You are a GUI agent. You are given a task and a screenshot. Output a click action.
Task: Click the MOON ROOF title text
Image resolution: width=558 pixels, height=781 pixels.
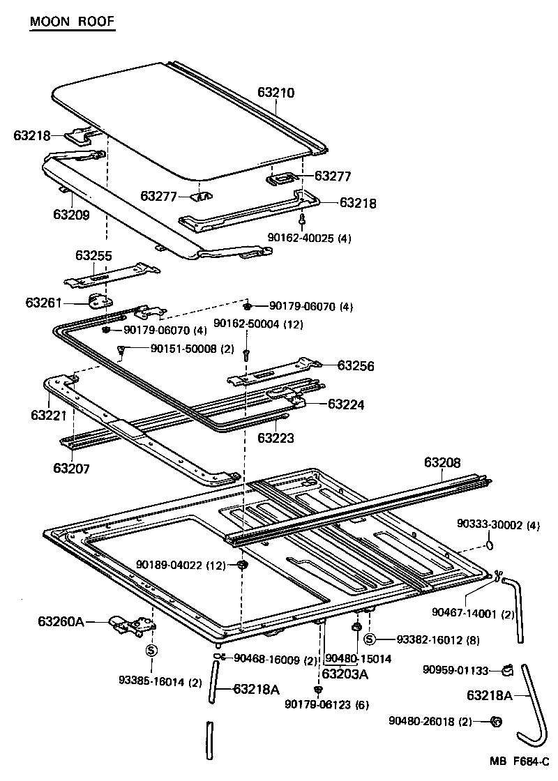(71, 22)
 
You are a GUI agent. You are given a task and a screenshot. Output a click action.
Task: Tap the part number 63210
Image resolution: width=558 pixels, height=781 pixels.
(276, 92)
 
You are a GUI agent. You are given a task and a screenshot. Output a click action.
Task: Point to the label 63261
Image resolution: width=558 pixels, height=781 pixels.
(45, 303)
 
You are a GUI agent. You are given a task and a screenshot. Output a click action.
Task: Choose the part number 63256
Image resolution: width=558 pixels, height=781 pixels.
(356, 365)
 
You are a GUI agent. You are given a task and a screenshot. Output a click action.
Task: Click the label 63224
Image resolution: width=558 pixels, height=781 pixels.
(346, 404)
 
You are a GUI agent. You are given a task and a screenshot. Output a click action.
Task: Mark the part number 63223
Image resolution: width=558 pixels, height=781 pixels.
(276, 439)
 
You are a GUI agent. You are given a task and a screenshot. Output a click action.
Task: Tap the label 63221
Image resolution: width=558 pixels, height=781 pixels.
(49, 415)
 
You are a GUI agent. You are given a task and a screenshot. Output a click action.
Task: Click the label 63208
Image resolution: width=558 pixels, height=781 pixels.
(443, 462)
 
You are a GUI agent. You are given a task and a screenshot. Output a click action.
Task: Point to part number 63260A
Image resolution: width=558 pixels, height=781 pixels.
(60, 621)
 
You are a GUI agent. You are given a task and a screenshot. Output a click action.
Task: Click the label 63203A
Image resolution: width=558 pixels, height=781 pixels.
(345, 674)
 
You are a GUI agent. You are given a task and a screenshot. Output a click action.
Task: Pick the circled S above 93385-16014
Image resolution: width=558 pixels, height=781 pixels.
(151, 650)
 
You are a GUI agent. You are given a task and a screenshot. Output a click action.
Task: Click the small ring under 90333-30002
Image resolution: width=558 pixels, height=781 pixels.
(490, 544)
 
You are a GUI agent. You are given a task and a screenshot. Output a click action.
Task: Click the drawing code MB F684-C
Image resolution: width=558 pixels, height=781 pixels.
(519, 763)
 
